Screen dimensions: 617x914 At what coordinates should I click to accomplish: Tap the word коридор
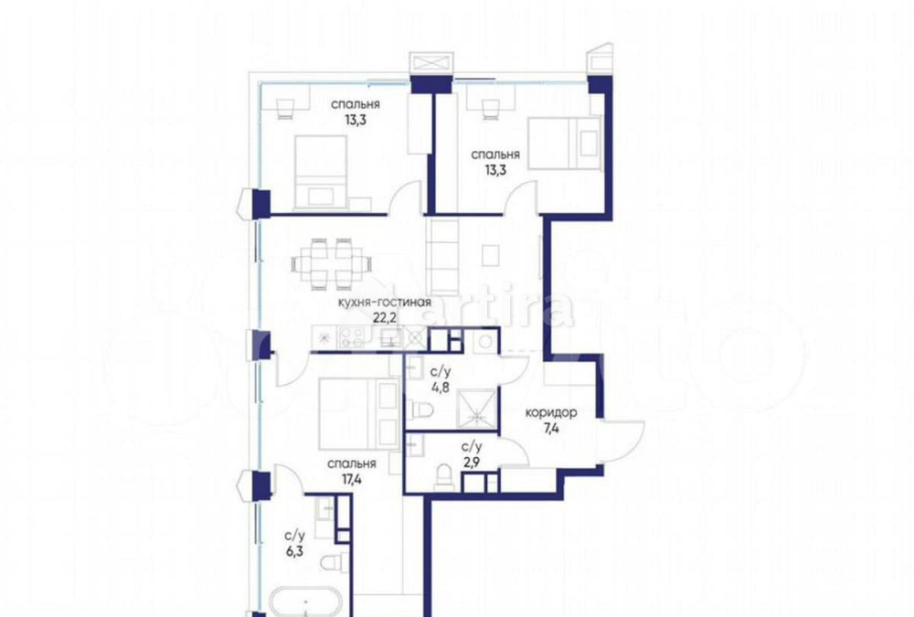coord(550,412)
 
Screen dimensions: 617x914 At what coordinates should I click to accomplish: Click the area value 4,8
coord(439,386)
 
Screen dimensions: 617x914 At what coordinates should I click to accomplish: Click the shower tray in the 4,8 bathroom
coord(476,408)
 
